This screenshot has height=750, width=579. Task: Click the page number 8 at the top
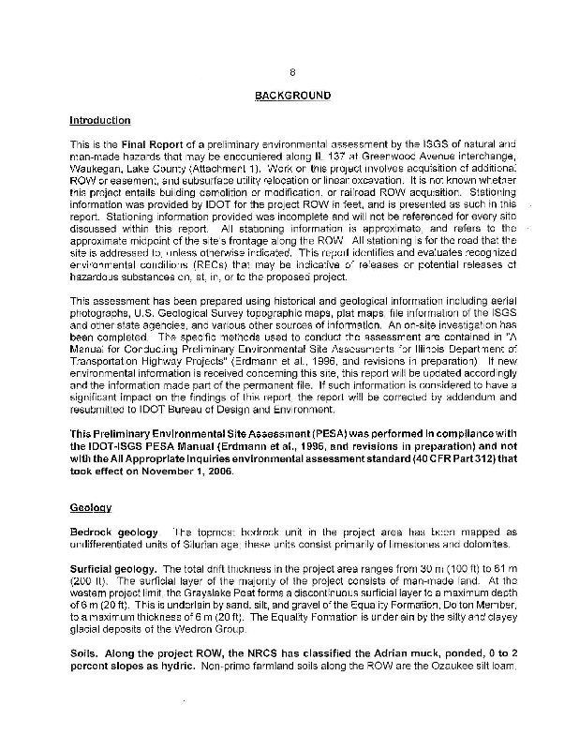coord(292,72)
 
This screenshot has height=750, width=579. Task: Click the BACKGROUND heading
coord(292,96)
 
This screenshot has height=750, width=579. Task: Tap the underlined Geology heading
coord(91,507)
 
